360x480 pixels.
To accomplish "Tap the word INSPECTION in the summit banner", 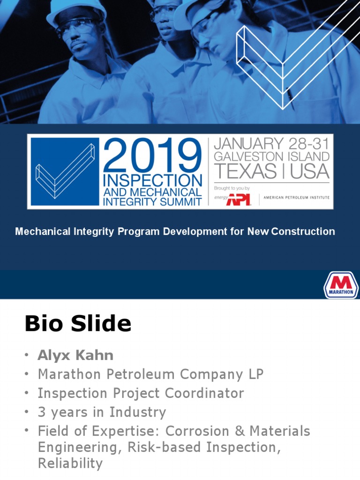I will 152,180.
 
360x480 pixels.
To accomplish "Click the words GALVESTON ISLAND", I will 271,157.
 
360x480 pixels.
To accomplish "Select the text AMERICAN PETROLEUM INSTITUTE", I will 296,197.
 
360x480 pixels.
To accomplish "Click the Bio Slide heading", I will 78,324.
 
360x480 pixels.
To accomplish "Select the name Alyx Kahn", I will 75,355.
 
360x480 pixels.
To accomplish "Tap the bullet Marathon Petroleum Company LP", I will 150,374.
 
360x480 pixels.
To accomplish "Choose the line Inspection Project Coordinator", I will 141,393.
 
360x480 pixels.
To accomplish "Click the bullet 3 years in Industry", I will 102,412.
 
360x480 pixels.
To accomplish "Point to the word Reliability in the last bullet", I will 70,464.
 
